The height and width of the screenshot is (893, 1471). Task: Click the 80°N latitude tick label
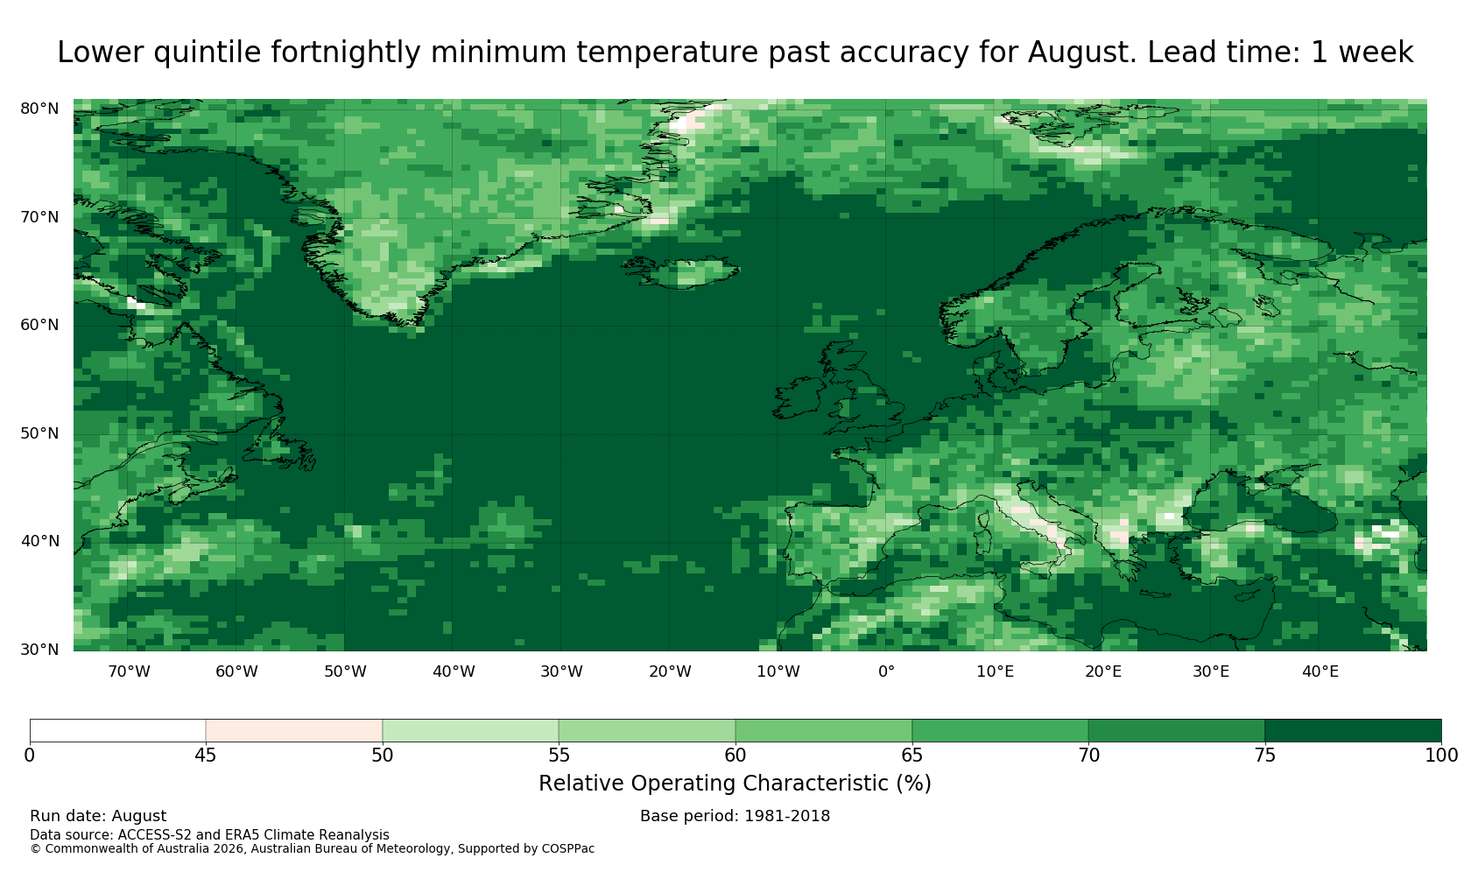pos(39,109)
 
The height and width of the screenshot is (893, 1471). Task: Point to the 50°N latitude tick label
pos(39,433)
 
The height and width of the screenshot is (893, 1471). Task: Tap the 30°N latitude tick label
pos(39,650)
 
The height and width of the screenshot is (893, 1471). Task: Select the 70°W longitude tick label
pos(129,672)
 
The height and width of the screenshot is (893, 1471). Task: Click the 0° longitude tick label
pos(886,672)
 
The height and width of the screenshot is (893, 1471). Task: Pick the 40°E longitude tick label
pos(1320,672)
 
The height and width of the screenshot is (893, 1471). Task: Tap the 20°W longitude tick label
pos(670,672)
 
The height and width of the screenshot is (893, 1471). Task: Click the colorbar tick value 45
pos(206,756)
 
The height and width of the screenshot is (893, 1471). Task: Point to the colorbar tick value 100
pos(1441,756)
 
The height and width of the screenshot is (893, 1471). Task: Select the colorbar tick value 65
pos(911,756)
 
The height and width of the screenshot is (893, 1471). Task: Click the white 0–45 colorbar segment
pos(117,730)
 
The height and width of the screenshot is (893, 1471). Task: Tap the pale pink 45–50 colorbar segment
pos(294,730)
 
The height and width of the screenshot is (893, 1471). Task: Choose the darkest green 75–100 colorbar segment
pos(1353,730)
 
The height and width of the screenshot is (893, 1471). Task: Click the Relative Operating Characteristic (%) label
pos(735,784)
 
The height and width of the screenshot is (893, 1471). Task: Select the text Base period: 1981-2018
pos(735,816)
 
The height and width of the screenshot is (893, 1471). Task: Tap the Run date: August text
pos(98,816)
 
